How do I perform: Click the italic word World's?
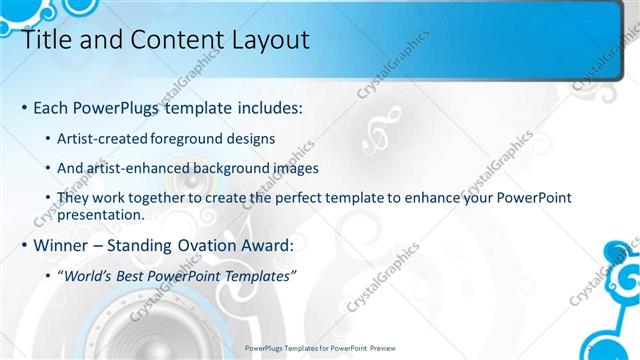tap(91, 277)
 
